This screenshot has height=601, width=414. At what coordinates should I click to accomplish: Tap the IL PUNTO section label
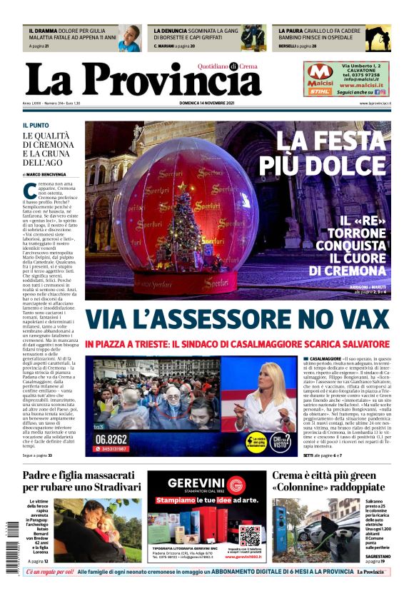pos(36,125)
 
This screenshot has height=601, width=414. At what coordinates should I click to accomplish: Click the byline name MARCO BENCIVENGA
pos(46,173)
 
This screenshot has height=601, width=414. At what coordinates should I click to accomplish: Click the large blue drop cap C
pos(29,191)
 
